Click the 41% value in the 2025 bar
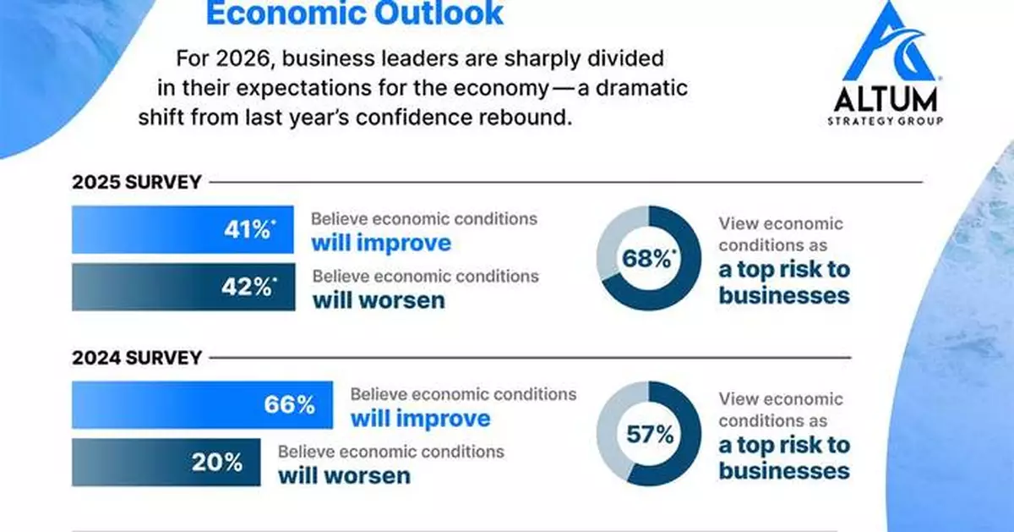point(246,229)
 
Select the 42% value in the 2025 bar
point(246,287)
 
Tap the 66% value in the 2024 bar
point(288,404)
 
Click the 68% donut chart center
point(649,259)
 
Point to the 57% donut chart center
point(649,434)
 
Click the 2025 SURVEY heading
point(136,182)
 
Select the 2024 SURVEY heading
point(136,358)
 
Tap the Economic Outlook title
point(355,14)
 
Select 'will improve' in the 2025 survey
point(380,243)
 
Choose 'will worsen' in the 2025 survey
point(379,300)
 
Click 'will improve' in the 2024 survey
point(420,418)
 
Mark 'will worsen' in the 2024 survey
point(344,474)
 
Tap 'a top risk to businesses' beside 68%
point(784,282)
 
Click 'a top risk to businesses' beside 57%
point(784,458)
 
